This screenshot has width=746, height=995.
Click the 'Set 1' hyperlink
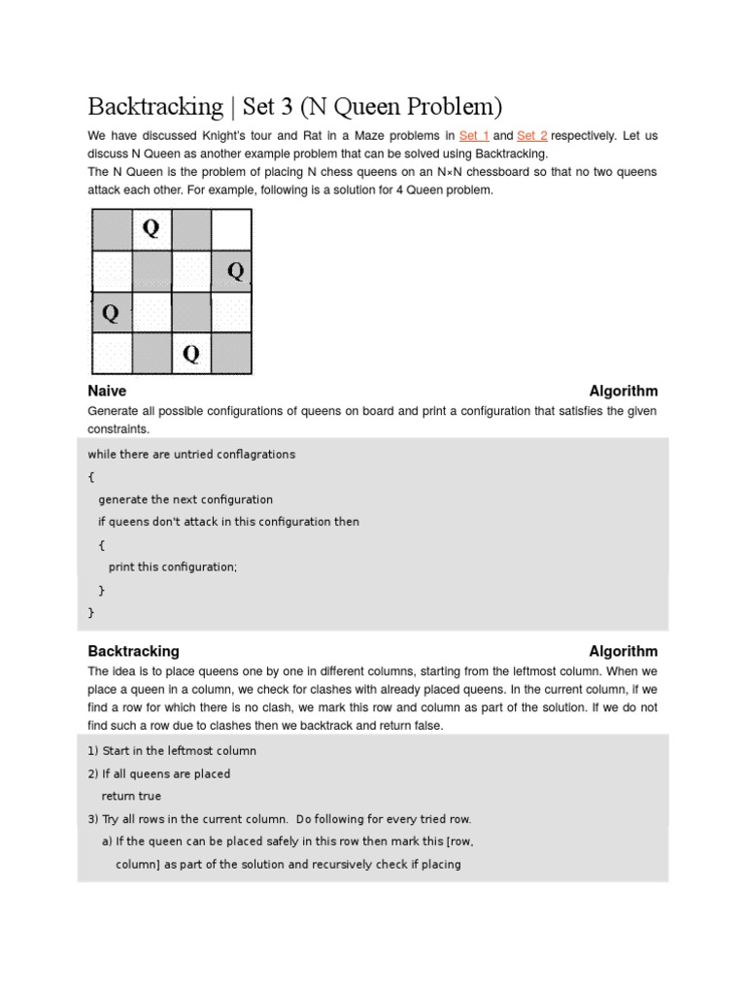coord(474,136)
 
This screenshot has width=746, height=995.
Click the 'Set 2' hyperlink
coord(531,136)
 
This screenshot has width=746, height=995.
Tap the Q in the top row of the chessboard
coord(152,228)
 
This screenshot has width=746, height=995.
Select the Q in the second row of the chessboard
coord(235,270)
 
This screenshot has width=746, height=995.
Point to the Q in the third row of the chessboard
coord(111,313)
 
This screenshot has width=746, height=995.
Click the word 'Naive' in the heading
coord(107,392)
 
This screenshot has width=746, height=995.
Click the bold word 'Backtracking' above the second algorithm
coord(133,652)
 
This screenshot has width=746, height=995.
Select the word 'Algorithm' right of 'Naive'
coord(623,392)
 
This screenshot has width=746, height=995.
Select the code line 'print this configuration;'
coord(172,567)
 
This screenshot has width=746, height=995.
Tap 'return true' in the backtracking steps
coord(131,797)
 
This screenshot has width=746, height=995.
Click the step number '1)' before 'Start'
coord(93,751)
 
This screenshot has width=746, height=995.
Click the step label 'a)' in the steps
coord(107,841)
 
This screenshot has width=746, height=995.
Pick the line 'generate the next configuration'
coord(186,499)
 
